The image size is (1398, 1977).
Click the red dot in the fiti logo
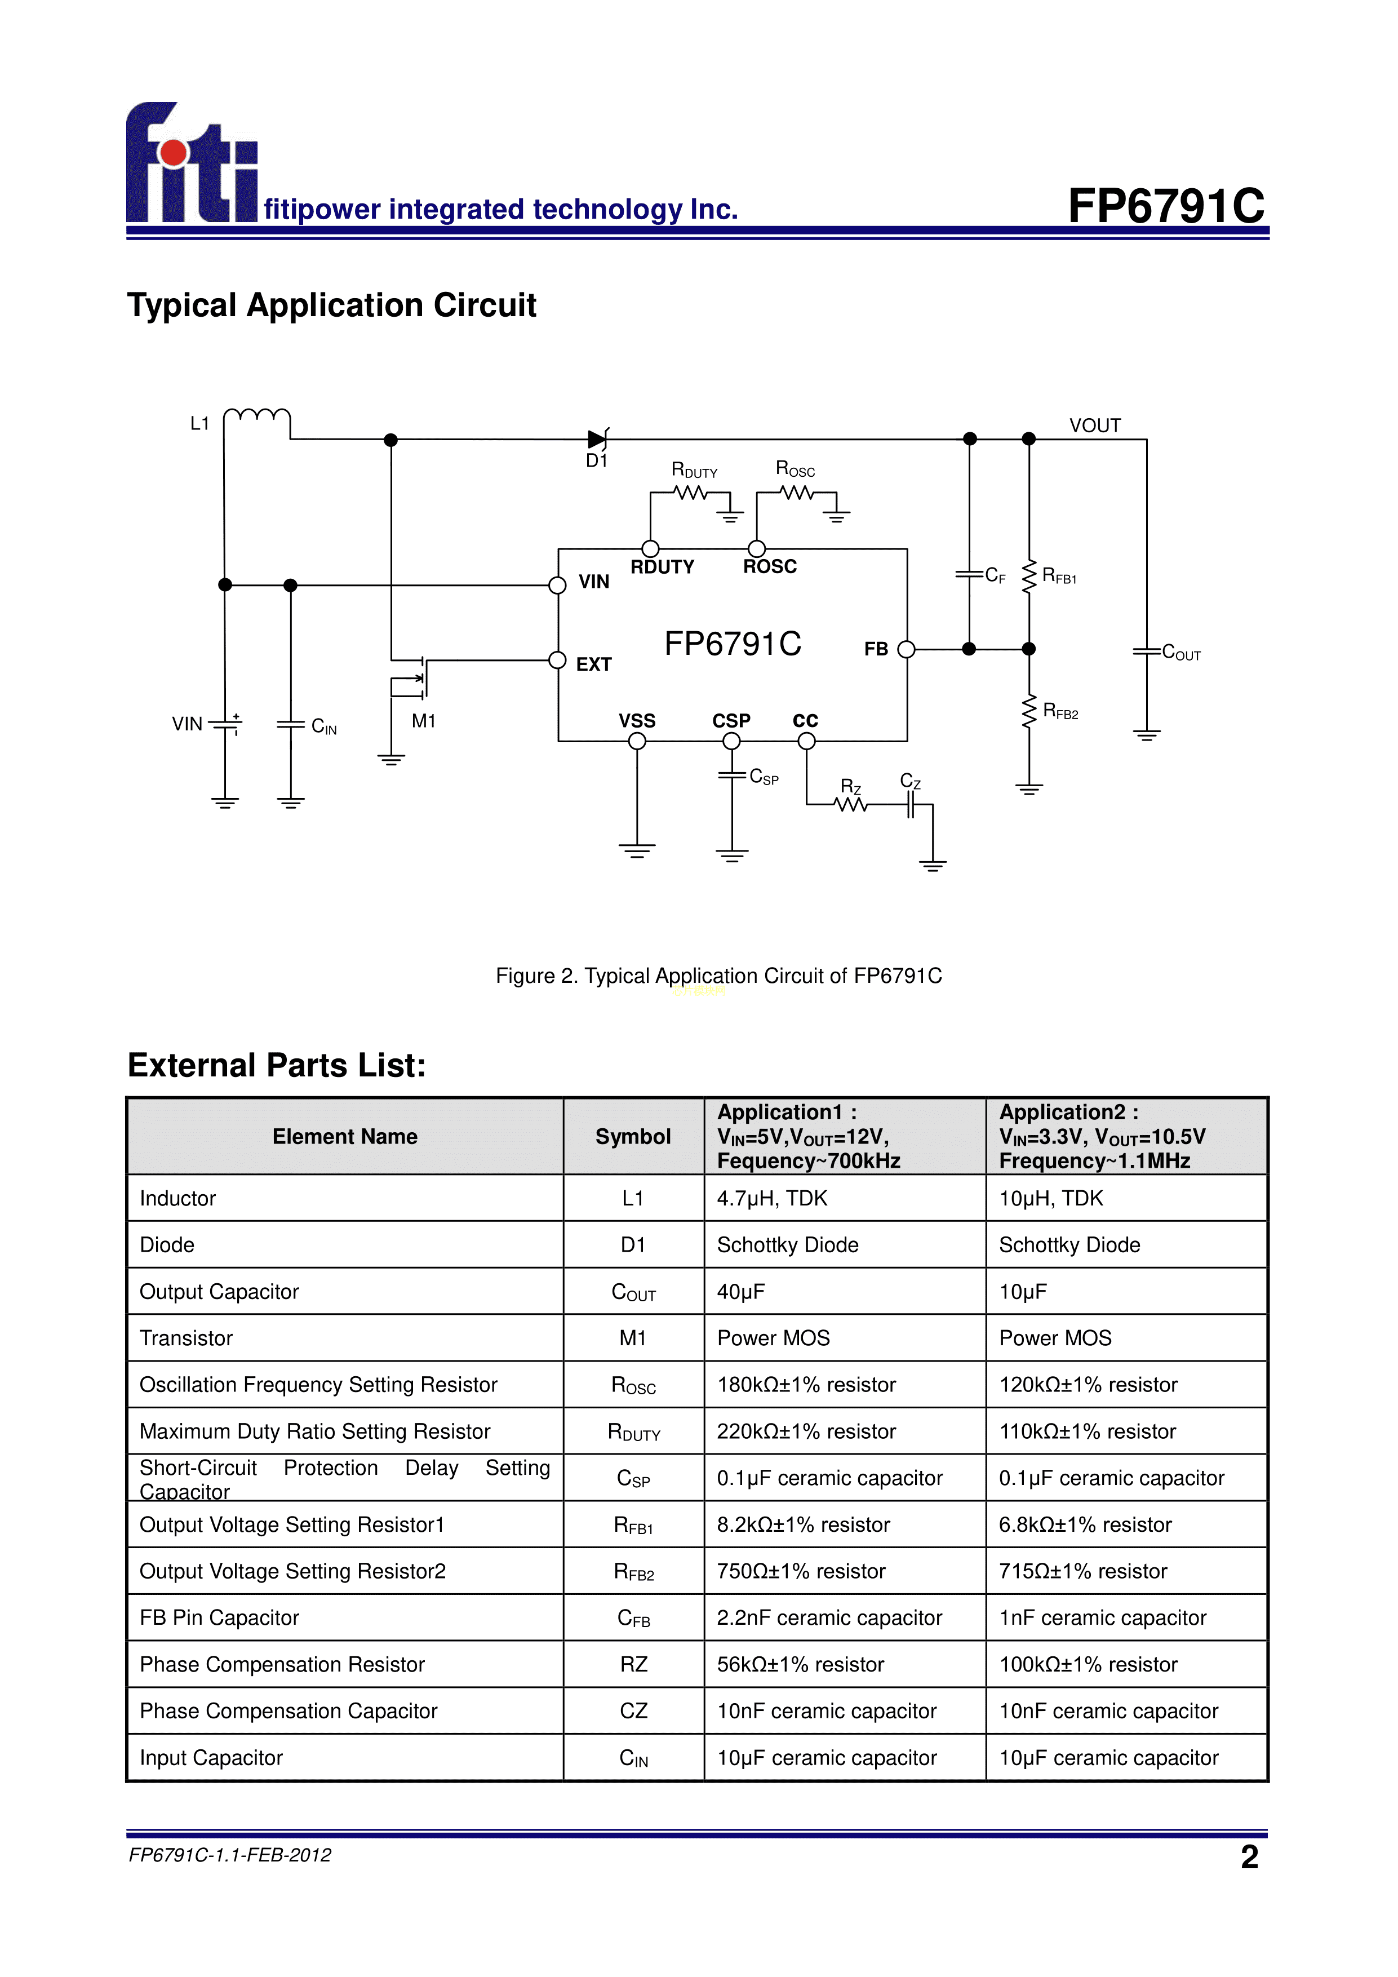tap(174, 152)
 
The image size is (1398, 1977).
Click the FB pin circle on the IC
tap(906, 649)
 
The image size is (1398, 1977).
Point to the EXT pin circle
tap(558, 661)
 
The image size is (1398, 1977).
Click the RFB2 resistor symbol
tap(1029, 712)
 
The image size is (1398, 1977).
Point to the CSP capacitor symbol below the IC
tap(732, 776)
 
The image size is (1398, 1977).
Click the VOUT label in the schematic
tap(1095, 425)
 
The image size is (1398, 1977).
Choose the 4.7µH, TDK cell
tap(772, 1199)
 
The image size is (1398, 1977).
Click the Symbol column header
tap(633, 1137)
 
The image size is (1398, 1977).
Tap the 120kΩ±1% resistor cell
tap(1088, 1385)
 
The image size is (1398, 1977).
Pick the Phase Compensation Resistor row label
tap(282, 1664)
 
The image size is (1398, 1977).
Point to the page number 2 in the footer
tap(1249, 1856)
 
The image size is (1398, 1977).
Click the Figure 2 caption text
tap(719, 976)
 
